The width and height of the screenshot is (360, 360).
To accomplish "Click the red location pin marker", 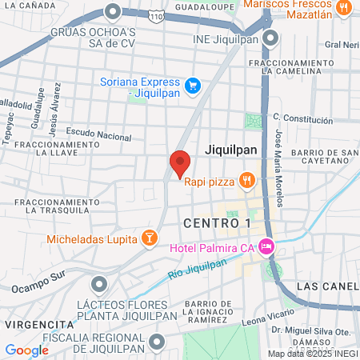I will pyautogui.click(x=180, y=163).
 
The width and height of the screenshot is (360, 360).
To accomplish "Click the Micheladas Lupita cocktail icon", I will pyautogui.click(x=148, y=238).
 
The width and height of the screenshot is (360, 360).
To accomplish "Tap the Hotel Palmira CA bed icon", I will pyautogui.click(x=267, y=246).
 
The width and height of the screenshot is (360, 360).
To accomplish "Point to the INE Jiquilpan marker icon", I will pyautogui.click(x=271, y=38).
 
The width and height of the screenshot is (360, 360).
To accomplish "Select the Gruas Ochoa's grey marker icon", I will pyautogui.click(x=113, y=12).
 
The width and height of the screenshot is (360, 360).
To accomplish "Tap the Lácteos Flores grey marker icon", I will pyautogui.click(x=98, y=283).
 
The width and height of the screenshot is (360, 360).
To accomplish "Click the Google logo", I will pyautogui.click(x=27, y=350).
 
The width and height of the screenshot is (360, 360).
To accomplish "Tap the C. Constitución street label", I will pyautogui.click(x=302, y=118).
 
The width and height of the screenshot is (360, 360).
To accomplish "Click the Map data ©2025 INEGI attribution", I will pyautogui.click(x=313, y=354).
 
